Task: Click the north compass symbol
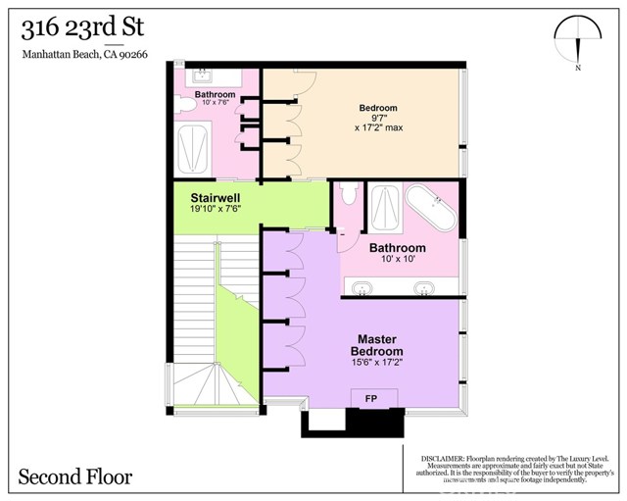[x=578, y=42]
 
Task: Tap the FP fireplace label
[x=373, y=398]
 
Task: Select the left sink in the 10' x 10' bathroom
[x=362, y=288]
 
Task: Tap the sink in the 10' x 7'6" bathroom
[x=203, y=76]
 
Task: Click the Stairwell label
[x=217, y=195]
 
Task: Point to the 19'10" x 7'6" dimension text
[x=217, y=209]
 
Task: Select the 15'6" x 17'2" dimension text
[x=377, y=362]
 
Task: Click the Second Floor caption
[x=75, y=477]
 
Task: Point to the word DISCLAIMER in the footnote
[x=446, y=456]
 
